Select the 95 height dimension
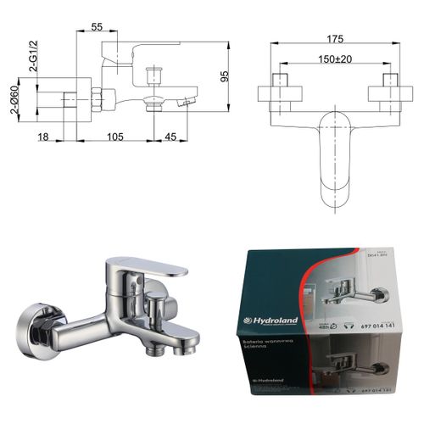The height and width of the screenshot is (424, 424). (225, 76)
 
